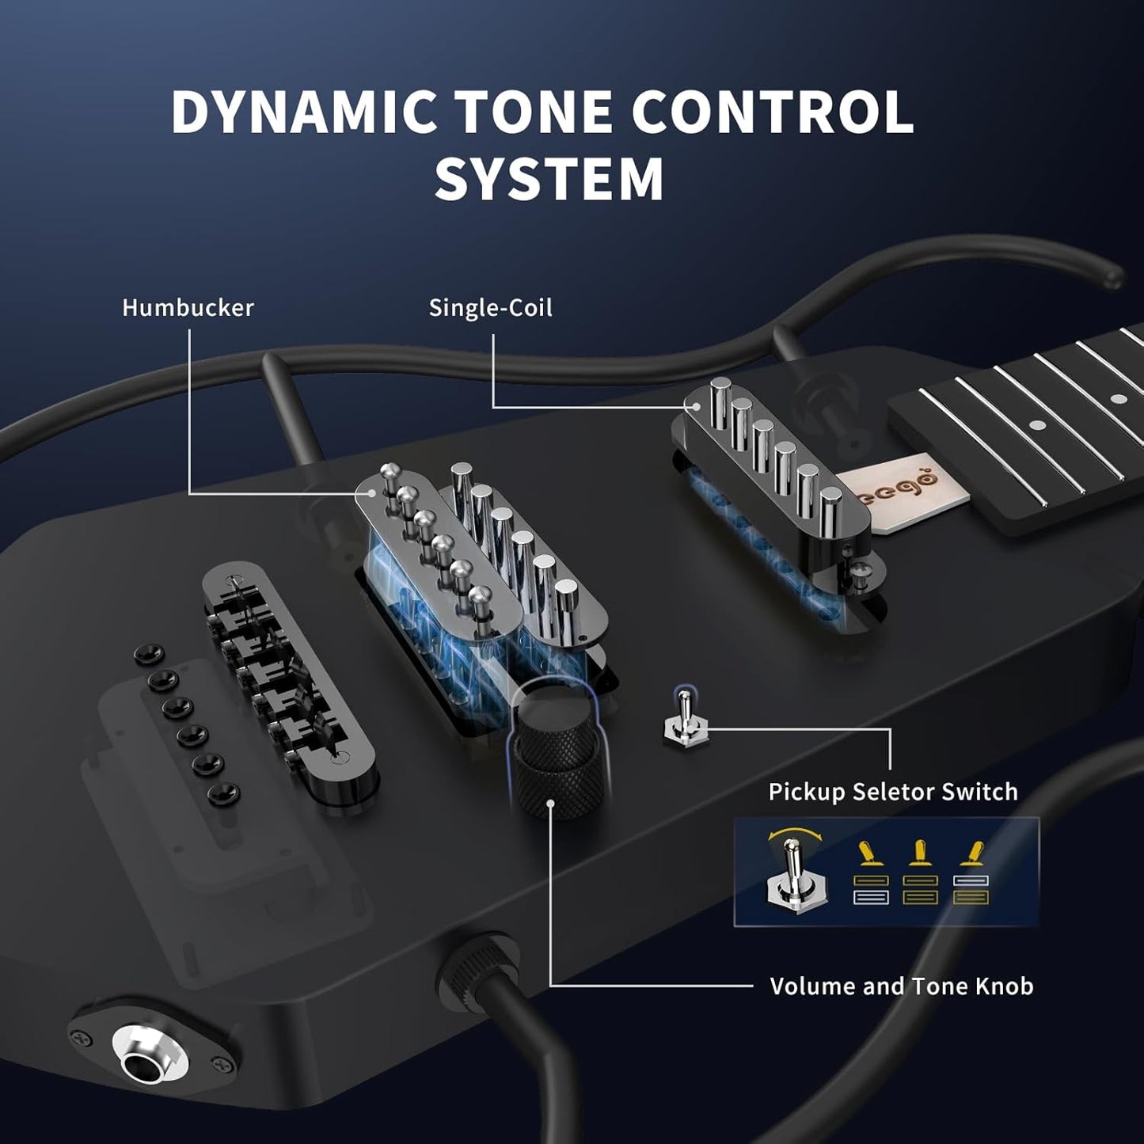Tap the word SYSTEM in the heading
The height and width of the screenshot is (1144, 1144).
(549, 179)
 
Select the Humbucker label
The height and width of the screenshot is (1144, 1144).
(188, 307)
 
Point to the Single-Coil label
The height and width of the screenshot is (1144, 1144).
(490, 307)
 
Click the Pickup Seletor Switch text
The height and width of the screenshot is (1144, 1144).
(892, 792)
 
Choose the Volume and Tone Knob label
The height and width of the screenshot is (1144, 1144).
(901, 986)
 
